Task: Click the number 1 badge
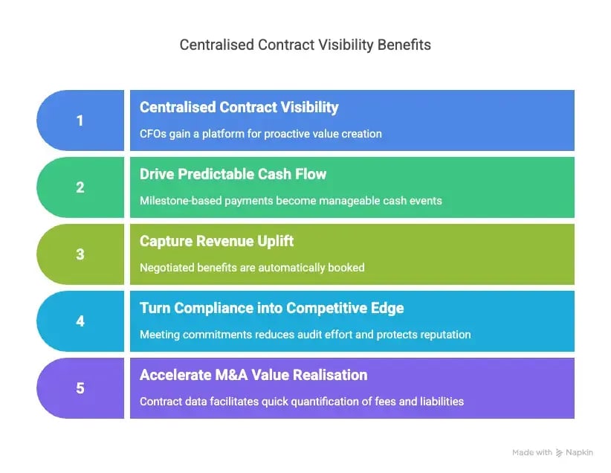80,120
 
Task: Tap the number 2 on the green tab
80,187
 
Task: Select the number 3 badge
80,254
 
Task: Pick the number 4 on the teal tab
80,321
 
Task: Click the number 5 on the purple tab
80,388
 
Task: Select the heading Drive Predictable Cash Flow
233,174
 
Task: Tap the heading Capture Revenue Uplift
216,241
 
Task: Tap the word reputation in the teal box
443,334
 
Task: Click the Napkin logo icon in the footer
560,452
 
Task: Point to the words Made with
532,452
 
